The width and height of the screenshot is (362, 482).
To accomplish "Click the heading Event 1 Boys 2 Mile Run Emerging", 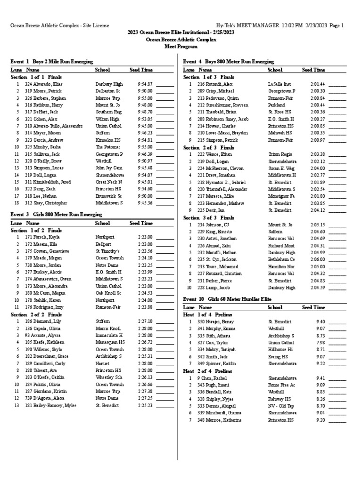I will click(x=51, y=62).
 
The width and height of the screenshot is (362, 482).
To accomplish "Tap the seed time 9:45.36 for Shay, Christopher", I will click(x=145, y=203).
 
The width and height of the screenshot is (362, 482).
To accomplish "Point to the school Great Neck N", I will click(x=109, y=182).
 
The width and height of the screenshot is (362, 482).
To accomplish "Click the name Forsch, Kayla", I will click(x=49, y=237).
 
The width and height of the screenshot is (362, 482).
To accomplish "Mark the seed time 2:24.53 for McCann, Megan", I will click(x=145, y=293).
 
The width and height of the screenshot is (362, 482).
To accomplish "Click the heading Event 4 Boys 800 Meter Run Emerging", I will click(x=228, y=62).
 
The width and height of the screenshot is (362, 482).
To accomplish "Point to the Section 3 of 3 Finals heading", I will click(x=208, y=218).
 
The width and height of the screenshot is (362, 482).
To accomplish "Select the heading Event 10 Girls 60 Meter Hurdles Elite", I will click(x=227, y=299).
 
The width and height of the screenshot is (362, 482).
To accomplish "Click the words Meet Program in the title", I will click(x=181, y=47).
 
